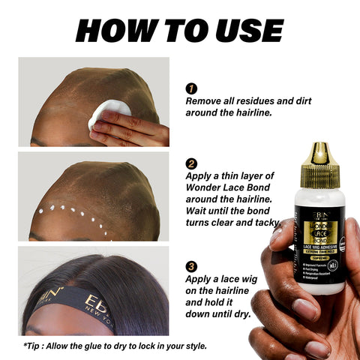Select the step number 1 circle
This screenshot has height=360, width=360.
pos(191,87)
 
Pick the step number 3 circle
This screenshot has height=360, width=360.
pos(191,266)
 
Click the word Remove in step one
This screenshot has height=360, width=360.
pos(205,100)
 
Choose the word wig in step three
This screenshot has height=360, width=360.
pos(258,280)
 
